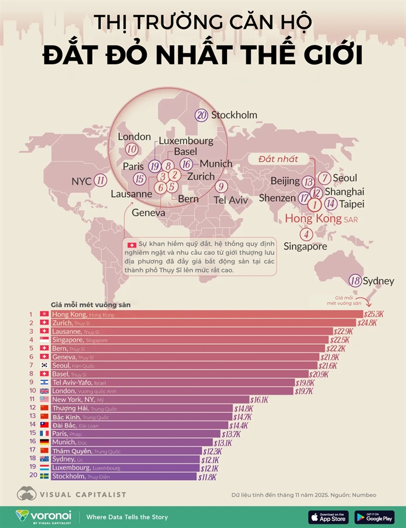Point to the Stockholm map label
click(x=234, y=115)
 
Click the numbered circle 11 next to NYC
click(x=101, y=180)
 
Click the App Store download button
click(x=328, y=516)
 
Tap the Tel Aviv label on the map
click(x=231, y=199)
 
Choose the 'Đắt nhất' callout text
click(x=278, y=159)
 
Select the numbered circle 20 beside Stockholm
click(x=201, y=115)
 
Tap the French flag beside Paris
click(x=44, y=434)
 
